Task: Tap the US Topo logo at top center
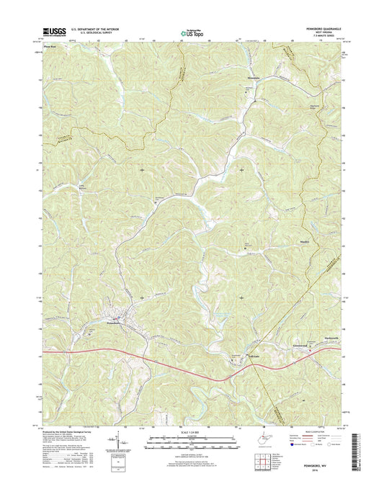(192, 32)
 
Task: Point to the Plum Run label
(50, 45)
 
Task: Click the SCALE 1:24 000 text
(192, 432)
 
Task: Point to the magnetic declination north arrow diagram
(113, 441)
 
